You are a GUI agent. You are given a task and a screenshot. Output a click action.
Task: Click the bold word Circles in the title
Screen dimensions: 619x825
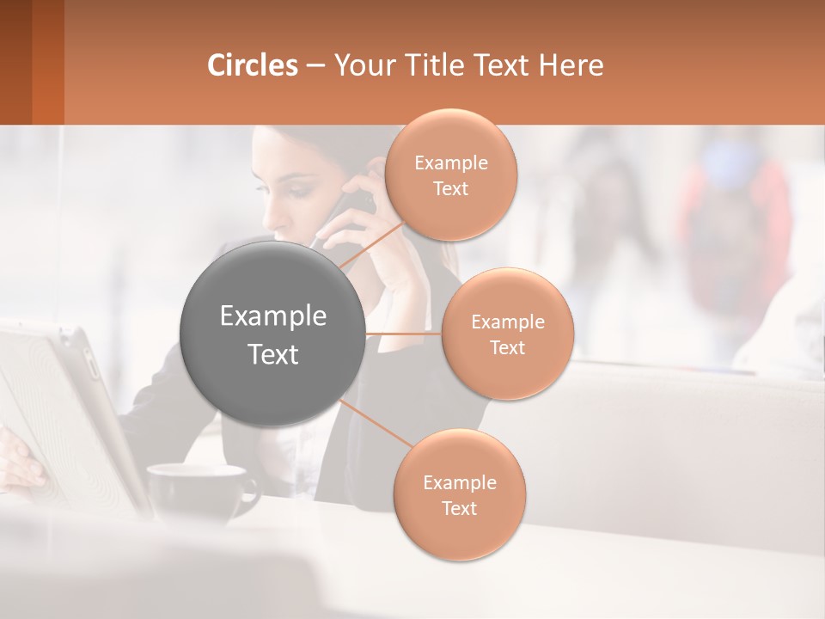coord(253,65)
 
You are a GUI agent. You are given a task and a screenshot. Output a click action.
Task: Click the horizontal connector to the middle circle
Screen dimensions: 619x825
coord(403,334)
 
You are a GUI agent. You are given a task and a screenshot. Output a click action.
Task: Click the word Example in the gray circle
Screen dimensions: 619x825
coord(273,316)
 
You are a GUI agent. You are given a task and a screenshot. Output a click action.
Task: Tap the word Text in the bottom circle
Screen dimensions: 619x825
coord(459,508)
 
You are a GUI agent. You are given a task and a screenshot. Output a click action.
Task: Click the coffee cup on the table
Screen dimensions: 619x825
coord(202,490)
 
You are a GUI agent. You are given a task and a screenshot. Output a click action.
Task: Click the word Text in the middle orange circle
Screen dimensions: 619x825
coord(508,347)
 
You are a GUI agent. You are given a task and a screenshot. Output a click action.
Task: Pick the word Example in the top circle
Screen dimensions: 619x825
coord(450,163)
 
